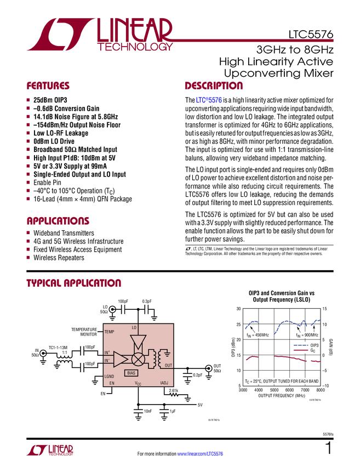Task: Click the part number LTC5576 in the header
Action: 311,35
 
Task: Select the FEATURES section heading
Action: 48,86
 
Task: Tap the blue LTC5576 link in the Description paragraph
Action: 209,100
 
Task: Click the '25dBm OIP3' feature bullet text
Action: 50,100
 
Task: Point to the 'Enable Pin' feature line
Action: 47,183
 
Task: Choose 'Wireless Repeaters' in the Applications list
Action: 59,258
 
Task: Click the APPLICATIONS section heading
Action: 58,221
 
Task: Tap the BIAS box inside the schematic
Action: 131,373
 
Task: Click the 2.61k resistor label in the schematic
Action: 174,390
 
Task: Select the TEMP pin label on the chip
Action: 109,332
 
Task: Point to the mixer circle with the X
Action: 138,359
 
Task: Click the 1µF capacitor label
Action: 173,411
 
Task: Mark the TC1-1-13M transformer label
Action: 58,348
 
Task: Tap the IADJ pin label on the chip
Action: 164,383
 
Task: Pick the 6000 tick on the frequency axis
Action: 290,390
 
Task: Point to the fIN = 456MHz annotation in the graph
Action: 258,335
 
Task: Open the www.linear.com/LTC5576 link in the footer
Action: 200,454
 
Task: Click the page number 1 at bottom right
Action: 329,448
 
